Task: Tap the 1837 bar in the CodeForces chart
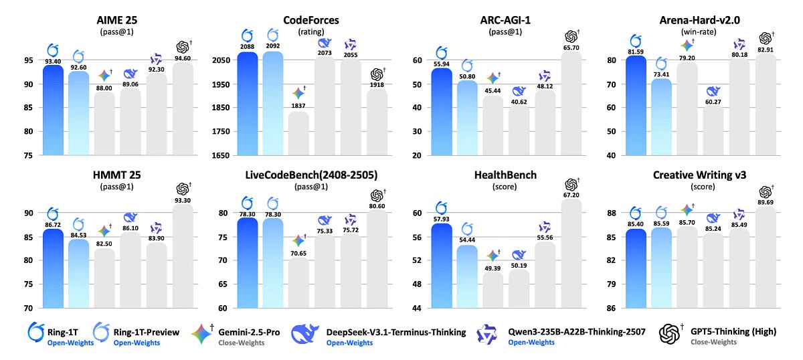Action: coord(298,134)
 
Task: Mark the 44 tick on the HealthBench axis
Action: coord(418,308)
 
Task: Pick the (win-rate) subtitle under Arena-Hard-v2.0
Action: coord(698,31)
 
